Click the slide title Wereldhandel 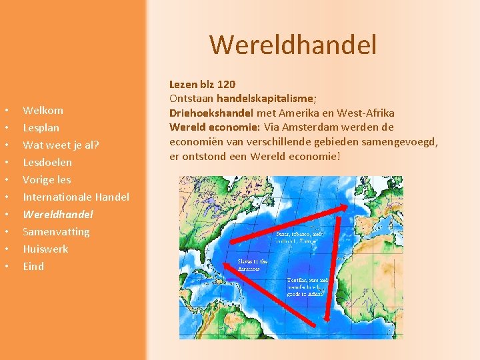(x=293, y=45)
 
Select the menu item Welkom (x=43, y=110)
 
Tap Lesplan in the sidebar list (x=41, y=127)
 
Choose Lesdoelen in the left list (x=47, y=162)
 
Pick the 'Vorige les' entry (x=47, y=179)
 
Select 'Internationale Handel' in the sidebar (x=76, y=197)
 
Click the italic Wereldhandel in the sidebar (x=57, y=214)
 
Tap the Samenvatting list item (x=56, y=231)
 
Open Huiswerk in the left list (x=45, y=249)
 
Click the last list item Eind (x=33, y=266)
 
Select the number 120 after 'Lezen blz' (x=226, y=85)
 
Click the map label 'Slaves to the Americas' (x=253, y=265)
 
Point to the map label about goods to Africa (x=307, y=287)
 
